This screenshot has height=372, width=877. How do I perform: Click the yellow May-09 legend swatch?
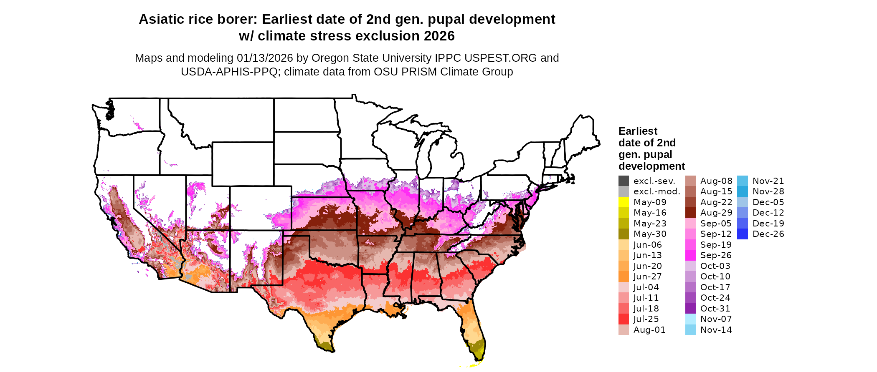pyautogui.click(x=624, y=202)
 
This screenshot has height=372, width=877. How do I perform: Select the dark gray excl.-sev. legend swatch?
pyautogui.click(x=624, y=181)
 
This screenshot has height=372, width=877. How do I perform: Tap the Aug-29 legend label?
pyautogui.click(x=716, y=213)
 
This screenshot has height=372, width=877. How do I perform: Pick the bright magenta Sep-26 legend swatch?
pyautogui.click(x=690, y=255)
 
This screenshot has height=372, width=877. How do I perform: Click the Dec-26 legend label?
pyautogui.click(x=768, y=234)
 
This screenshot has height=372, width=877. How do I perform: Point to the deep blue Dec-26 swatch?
pyautogui.click(x=743, y=234)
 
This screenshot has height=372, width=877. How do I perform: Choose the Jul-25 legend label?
pyautogui.click(x=646, y=319)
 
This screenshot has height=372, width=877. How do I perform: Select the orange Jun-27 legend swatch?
pyautogui.click(x=624, y=276)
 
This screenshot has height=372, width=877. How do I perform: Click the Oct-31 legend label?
pyautogui.click(x=715, y=309)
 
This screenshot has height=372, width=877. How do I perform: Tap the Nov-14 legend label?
pyautogui.click(x=716, y=330)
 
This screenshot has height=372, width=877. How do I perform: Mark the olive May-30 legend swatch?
pyautogui.click(x=624, y=234)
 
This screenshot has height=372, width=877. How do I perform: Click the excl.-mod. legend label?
pyautogui.click(x=657, y=191)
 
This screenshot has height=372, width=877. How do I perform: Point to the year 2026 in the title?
pyautogui.click(x=439, y=36)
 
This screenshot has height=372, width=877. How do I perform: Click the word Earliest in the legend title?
pyautogui.click(x=638, y=131)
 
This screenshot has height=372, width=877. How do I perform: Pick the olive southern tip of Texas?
pyautogui.click(x=325, y=345)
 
